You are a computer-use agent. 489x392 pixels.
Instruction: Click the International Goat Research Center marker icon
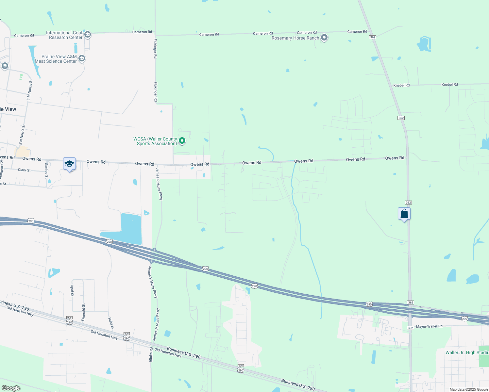(87, 35)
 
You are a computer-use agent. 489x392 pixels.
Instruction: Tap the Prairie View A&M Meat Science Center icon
(82, 58)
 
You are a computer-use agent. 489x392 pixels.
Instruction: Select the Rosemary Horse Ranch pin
(324, 38)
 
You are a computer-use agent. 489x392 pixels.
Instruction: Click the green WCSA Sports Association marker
(182, 141)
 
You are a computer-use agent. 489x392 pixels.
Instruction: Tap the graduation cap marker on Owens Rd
(69, 164)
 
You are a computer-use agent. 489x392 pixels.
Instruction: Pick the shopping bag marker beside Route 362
(404, 214)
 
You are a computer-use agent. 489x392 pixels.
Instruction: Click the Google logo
(11, 388)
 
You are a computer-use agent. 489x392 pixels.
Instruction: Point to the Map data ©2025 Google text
(469, 389)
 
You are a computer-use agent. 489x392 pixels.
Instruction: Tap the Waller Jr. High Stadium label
(467, 352)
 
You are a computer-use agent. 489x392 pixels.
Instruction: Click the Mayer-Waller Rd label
(429, 326)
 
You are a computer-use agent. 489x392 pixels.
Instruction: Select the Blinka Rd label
(151, 354)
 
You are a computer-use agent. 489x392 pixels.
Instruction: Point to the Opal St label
(72, 290)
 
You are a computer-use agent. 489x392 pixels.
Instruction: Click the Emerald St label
(84, 312)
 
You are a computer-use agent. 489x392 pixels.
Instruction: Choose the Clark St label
(24, 170)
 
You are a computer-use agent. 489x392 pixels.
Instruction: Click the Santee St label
(46, 171)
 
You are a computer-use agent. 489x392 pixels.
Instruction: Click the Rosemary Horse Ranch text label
(295, 38)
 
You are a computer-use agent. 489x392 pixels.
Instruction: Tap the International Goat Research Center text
(64, 35)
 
